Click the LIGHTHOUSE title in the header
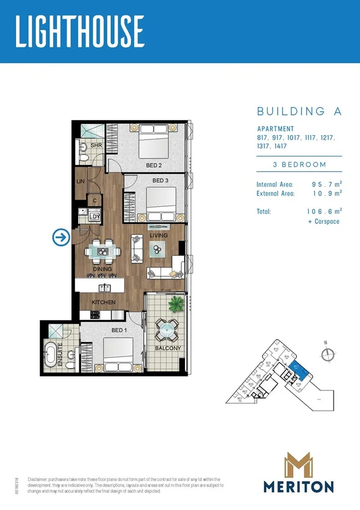(x=79, y=31)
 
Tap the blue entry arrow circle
(x=61, y=238)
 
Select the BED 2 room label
(x=154, y=165)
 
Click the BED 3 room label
(x=159, y=180)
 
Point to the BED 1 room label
(x=119, y=330)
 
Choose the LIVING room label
(x=159, y=235)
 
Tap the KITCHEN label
(x=103, y=302)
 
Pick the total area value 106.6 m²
(x=323, y=212)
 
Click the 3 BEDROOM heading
(x=299, y=164)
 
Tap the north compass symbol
(x=327, y=354)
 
